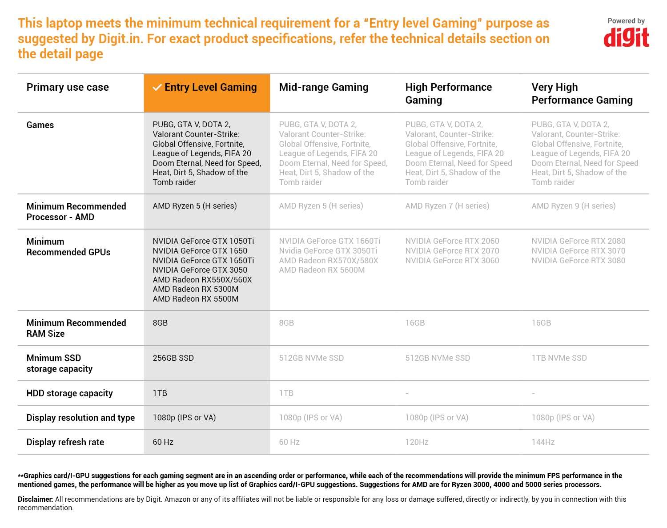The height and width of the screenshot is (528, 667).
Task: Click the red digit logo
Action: coord(626,38)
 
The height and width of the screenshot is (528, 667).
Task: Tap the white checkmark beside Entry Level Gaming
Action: coord(157,88)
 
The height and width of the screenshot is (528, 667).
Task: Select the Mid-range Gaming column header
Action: coord(323,87)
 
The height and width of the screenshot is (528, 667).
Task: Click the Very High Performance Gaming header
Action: coord(582,93)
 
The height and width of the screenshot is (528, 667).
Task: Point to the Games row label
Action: coord(40,125)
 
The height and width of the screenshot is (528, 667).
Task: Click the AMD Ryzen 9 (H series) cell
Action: coord(573,206)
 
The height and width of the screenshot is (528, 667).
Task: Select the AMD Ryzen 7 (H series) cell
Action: coord(447,206)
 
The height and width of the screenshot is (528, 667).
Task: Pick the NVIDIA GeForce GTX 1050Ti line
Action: coord(203,241)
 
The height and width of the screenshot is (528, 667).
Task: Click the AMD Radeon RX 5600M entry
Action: coord(321,270)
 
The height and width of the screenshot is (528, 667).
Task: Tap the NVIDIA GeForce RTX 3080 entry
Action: coord(578,261)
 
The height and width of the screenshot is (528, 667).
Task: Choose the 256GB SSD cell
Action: coord(173,358)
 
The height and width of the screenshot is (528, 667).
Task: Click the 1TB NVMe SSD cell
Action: coord(559,358)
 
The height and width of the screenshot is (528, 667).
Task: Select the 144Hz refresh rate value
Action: coord(543,442)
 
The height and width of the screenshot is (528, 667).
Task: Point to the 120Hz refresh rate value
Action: coord(417,442)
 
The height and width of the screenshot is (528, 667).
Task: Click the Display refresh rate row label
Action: coord(65,442)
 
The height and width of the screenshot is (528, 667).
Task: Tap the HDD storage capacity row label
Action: coord(69,393)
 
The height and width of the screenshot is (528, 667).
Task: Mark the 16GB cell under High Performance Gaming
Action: coord(415,323)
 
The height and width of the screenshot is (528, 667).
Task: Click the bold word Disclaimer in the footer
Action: coord(35,499)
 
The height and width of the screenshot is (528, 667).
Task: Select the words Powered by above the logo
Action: coord(626,21)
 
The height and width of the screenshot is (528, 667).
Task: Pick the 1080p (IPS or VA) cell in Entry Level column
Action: coord(184,418)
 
